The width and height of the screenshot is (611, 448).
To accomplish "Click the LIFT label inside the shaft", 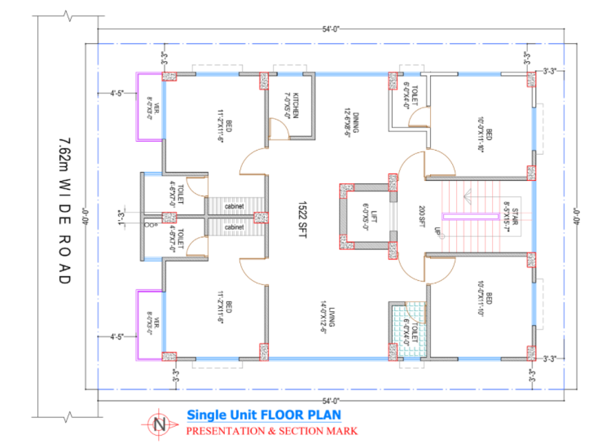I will click(371, 217).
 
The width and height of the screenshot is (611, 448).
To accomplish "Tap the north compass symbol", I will click(160, 424).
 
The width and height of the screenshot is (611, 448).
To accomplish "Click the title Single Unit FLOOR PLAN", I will click(259, 414).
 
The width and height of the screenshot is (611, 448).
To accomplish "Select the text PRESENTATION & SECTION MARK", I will click(272, 429).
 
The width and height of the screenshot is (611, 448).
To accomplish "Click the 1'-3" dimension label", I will click(125, 217).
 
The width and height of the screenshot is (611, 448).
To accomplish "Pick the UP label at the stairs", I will click(437, 232).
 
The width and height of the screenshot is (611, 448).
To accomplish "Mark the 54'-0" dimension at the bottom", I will click(330, 402).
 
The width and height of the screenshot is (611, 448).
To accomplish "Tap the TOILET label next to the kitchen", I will click(411, 94).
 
